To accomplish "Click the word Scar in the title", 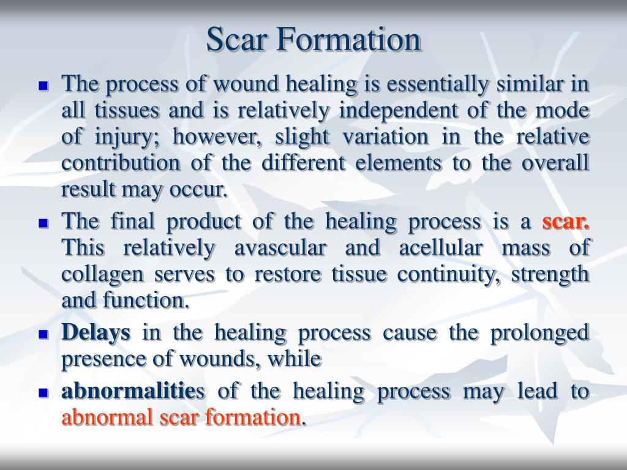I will click(237, 40).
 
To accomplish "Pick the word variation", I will click(392, 138).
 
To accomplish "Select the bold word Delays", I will click(96, 334).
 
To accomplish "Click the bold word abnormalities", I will click(135, 391).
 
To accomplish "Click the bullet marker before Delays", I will click(43, 335).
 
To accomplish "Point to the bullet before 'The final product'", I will click(43, 224).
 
